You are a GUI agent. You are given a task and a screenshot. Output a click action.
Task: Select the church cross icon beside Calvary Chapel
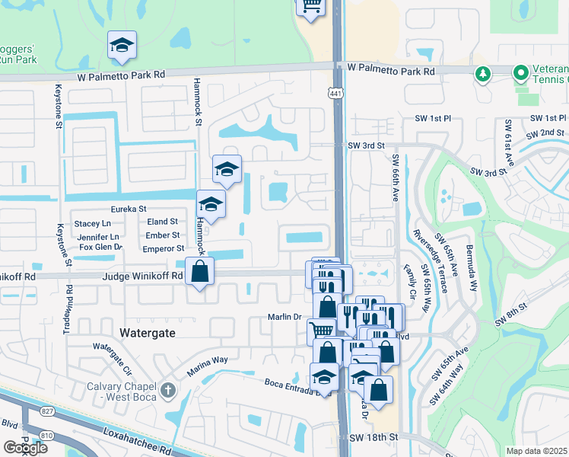pos(169,389)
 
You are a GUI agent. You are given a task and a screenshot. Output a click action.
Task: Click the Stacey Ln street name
pos(91,223)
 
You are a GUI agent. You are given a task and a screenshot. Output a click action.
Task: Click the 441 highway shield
pos(335,92)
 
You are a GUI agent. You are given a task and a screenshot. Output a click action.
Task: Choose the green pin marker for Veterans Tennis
pos(521,73)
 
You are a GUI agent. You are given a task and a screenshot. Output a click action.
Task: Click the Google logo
pos(25,448)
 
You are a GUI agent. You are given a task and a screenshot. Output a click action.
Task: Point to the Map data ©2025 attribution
pos(536,451)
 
